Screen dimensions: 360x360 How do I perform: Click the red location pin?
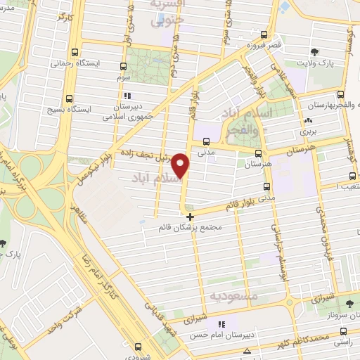tap(181, 167)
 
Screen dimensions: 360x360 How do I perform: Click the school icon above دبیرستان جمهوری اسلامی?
tap(127, 96)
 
